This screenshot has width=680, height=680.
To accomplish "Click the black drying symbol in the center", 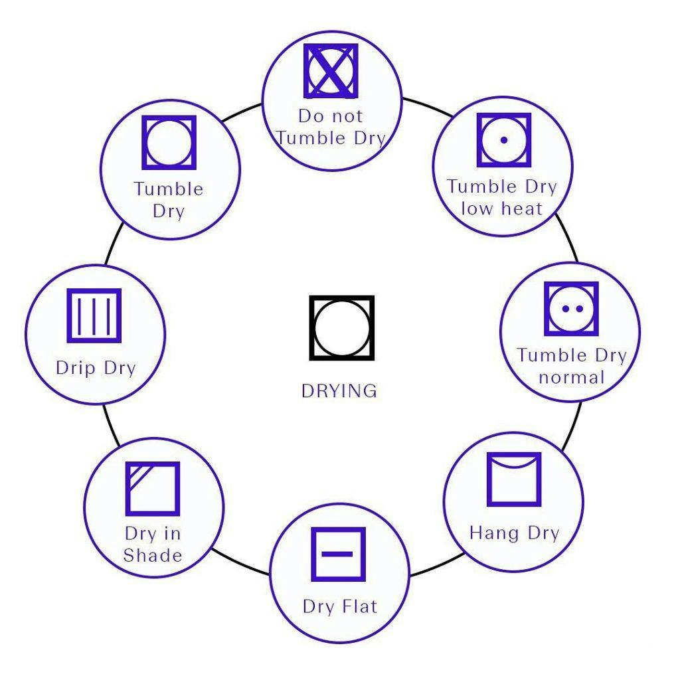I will click(341, 328).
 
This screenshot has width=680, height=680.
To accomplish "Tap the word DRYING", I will click(339, 390).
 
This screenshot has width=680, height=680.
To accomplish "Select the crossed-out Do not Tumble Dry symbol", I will click(331, 71).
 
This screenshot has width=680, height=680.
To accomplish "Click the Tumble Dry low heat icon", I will click(504, 139).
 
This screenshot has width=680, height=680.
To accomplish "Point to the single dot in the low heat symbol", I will click(504, 139).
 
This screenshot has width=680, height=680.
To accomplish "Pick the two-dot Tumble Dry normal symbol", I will click(571, 309).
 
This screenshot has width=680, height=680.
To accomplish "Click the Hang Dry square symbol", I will click(514, 479).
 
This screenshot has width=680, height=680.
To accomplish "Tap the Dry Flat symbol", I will click(339, 554).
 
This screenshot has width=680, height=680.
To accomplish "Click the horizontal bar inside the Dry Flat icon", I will click(339, 553).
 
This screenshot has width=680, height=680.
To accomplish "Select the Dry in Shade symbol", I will click(153, 488).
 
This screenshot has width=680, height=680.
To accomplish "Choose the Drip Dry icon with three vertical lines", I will click(94, 315).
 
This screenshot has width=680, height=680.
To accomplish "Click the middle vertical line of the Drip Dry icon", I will click(94, 316).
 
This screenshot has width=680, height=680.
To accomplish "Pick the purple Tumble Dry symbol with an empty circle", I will click(169, 142).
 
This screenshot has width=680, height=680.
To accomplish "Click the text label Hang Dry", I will click(514, 533).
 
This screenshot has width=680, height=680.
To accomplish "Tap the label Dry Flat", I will click(339, 606).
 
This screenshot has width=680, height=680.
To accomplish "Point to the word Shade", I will click(153, 555).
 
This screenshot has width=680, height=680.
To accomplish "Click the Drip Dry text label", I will click(96, 368).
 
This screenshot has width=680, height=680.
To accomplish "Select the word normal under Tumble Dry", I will click(571, 378).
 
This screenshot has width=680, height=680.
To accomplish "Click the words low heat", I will click(502, 209).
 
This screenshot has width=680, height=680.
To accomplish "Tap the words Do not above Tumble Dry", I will click(330, 116).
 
